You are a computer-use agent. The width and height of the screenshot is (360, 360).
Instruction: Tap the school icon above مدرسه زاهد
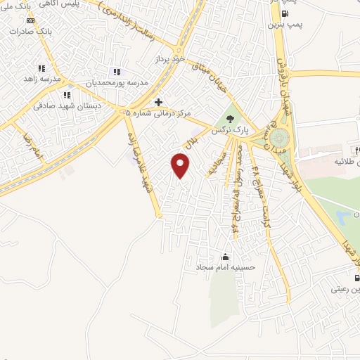pos(41,69)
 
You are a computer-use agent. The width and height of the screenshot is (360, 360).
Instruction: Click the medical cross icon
pos(159,103)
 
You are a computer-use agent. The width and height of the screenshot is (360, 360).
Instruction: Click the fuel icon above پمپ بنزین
pos(284,13)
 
